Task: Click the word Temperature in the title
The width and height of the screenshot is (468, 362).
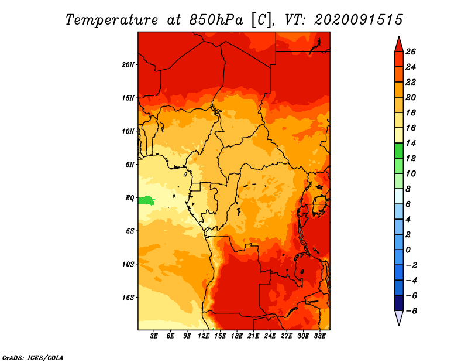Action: (112, 20)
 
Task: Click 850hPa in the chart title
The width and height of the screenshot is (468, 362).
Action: (216, 20)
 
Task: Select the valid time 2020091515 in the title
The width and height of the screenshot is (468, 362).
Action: (359, 20)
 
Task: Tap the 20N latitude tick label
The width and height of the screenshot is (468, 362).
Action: (128, 65)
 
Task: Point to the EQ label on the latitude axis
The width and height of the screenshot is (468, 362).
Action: (129, 198)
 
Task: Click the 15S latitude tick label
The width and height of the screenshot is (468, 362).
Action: (128, 298)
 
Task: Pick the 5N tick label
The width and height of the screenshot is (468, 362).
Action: (130, 165)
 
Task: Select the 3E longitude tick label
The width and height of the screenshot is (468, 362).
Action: (154, 336)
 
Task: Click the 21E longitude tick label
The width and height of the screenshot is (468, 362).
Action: (253, 336)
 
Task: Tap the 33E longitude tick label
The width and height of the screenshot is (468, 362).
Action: (319, 336)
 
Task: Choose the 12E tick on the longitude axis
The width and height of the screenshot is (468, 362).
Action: (204, 336)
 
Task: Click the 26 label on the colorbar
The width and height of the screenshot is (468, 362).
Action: (411, 52)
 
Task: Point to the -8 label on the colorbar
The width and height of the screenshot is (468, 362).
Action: (411, 311)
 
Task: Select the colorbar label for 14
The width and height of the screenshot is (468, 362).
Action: (411, 143)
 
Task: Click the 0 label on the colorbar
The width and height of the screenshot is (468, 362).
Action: (408, 250)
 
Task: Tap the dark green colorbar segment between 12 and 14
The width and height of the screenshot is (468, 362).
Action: (399, 151)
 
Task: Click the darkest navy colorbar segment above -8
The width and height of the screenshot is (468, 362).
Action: (399, 303)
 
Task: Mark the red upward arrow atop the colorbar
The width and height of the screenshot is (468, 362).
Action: (399, 45)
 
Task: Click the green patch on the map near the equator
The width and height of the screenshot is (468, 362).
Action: (147, 200)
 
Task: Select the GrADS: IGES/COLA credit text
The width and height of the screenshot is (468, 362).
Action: (33, 358)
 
